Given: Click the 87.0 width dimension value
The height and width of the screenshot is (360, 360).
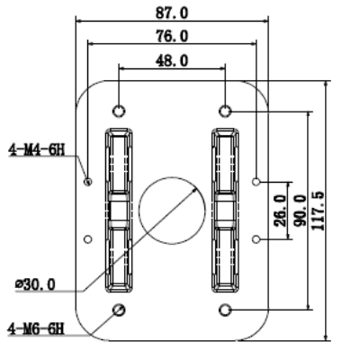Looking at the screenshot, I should pyautogui.click(x=173, y=12).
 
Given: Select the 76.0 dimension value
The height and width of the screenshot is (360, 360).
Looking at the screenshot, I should pyautogui.click(x=172, y=36).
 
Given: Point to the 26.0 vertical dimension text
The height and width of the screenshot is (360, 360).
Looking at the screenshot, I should pyautogui.click(x=280, y=210).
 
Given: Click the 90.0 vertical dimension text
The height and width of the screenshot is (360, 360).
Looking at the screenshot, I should pyautogui.click(x=297, y=210).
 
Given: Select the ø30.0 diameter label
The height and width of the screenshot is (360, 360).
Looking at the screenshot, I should pyautogui.click(x=35, y=284).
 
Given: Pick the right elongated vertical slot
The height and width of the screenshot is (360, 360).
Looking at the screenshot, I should pyautogui.click(x=225, y=211).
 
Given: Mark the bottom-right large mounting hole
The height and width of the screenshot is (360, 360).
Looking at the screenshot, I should pyautogui.click(x=226, y=310).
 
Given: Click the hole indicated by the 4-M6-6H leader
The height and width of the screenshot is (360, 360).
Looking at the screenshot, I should pyautogui.click(x=119, y=310).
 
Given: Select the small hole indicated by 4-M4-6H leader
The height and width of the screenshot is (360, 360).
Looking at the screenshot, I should pyautogui.click(x=87, y=181).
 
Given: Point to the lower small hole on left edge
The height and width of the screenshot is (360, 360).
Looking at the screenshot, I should pyautogui.click(x=87, y=239).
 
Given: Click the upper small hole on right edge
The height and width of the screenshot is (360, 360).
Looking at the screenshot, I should pyautogui.click(x=257, y=181).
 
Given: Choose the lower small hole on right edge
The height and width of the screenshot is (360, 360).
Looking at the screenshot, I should pyautogui.click(x=257, y=239).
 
